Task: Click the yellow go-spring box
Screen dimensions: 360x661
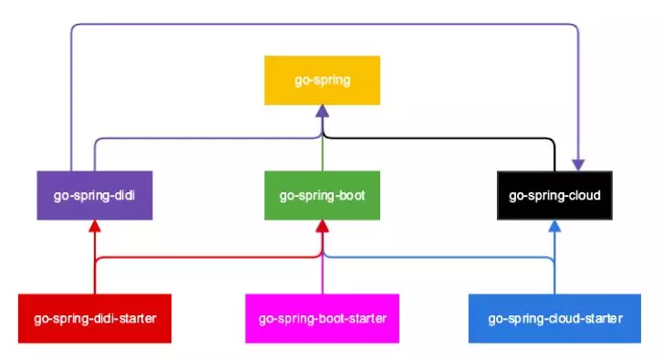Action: (x=322, y=80)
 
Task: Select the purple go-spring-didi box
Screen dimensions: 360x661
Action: (x=94, y=195)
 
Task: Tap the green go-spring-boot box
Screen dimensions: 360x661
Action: (x=322, y=195)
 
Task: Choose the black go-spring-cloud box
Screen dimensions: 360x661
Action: (x=553, y=195)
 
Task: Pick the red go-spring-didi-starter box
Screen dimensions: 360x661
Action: (x=95, y=318)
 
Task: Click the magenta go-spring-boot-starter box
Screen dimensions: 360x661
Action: (x=322, y=318)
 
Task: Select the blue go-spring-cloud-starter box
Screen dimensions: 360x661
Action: (x=554, y=318)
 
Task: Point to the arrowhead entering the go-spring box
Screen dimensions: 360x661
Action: (x=322, y=111)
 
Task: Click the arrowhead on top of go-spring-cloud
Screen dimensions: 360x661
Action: (x=578, y=164)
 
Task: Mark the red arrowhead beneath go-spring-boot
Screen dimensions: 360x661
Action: (x=322, y=226)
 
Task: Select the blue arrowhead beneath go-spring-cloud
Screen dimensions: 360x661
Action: (x=554, y=226)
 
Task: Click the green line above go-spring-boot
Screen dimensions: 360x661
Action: (x=322, y=155)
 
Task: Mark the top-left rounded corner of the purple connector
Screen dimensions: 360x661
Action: (x=73, y=27)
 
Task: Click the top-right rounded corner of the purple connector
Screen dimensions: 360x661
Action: (x=576, y=27)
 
